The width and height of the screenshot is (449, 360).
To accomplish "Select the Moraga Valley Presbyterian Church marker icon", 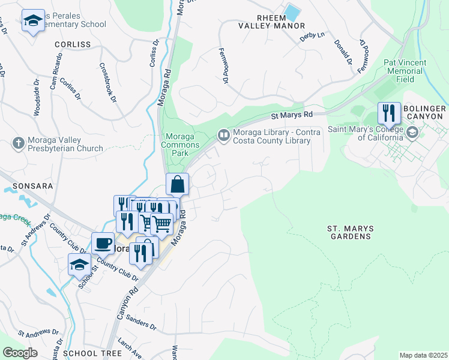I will click(18, 143).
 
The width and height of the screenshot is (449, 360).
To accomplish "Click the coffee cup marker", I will click(103, 243).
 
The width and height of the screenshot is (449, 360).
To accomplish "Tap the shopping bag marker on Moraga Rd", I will click(178, 184).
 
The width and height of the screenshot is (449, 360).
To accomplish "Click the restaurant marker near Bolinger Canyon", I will click(388, 112).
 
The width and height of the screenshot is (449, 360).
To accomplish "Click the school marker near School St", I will click(79, 264).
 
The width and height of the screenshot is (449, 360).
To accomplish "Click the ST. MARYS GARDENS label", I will click(350, 233).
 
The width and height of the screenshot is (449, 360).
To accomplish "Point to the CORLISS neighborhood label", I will click(72, 44).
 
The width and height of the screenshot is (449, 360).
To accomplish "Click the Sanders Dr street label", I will click(142, 324).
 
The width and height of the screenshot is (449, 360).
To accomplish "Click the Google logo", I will click(20, 353).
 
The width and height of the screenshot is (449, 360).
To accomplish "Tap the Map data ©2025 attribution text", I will click(423, 355).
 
